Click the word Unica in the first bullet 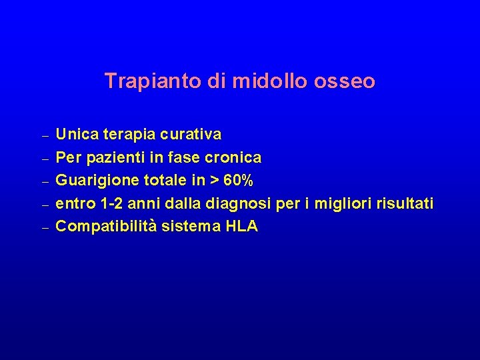(75, 135)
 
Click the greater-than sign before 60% (214, 181)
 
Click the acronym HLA (242, 227)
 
